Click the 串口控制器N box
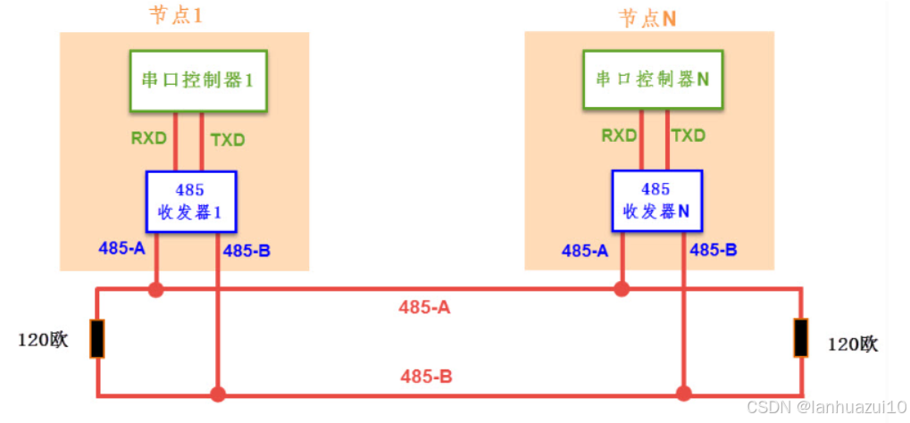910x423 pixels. pyautogui.click(x=652, y=79)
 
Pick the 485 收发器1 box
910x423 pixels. pyautogui.click(x=190, y=202)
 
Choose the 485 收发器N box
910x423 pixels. pyautogui.click(x=655, y=202)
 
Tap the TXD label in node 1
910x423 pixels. pyautogui.click(x=227, y=139)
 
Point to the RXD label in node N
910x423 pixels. pyautogui.click(x=619, y=136)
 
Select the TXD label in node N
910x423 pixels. pyautogui.click(x=688, y=136)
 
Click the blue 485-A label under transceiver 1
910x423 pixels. pyautogui.click(x=121, y=248)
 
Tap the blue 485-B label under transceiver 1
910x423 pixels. pyautogui.click(x=246, y=251)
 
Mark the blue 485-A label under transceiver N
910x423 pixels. pyautogui.click(x=585, y=251)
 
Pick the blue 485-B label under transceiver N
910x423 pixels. pyautogui.click(x=714, y=250)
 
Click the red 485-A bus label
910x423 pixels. pyautogui.click(x=424, y=308)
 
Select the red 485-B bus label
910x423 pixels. pyautogui.click(x=426, y=377)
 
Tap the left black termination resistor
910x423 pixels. pyautogui.click(x=97, y=339)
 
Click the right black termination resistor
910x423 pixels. pyautogui.click(x=801, y=339)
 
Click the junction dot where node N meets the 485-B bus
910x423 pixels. pyautogui.click(x=684, y=393)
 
